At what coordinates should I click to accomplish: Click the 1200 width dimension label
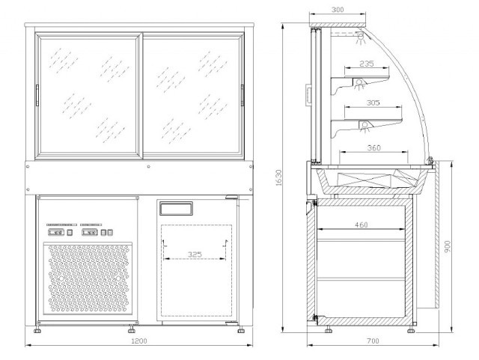pos(139,341)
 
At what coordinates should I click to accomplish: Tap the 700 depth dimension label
pos(373,341)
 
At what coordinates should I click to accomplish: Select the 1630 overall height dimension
pos(278,178)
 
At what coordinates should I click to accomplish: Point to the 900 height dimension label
pos(448,246)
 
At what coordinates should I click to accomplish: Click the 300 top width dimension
pos(338,10)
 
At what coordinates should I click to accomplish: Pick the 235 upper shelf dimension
pos(367,64)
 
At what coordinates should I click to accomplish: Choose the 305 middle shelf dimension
pos(373,103)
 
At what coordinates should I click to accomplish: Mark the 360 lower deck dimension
pos(374,148)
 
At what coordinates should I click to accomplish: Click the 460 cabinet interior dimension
pos(361,225)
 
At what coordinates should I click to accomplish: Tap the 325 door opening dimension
pos(195,254)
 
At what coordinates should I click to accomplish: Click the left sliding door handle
pos(37,95)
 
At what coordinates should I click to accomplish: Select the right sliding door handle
pos(242,95)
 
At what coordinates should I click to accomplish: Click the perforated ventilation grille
pos(88,278)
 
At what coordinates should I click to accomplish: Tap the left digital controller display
pos(56,233)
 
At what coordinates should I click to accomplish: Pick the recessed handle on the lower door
pos(176,208)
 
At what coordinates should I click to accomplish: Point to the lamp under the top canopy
pos(361,37)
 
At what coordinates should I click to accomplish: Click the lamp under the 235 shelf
pos(359,83)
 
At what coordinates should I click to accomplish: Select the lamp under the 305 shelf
pos(364,126)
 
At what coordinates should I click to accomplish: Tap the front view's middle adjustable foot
pos(132,329)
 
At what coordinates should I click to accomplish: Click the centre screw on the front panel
pos(148,167)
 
